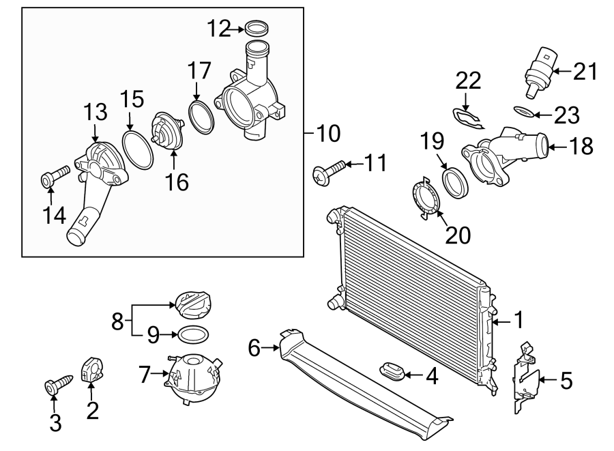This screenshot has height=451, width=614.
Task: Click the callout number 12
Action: (220, 29)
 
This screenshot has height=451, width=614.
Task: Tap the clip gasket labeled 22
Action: (469, 117)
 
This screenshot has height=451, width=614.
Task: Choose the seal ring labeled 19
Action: (453, 183)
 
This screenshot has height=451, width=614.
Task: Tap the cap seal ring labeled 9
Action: (193, 334)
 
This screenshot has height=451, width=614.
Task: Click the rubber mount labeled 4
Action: (392, 373)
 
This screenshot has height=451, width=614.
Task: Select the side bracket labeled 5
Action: (526, 379)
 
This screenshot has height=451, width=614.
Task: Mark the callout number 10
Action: (329, 133)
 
